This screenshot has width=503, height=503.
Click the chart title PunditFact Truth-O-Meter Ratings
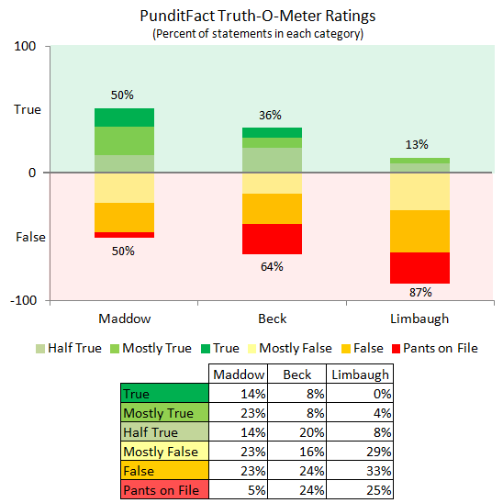click(251, 16)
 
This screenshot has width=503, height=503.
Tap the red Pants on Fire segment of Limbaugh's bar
click(419, 268)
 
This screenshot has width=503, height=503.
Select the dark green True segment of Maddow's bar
click(124, 117)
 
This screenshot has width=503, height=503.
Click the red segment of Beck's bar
click(272, 239)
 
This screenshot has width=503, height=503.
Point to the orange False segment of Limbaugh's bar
click(419, 231)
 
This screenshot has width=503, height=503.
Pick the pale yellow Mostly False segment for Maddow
click(124, 187)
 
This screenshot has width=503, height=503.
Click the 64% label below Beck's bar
click(272, 267)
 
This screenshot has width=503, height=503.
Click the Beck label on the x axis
click(272, 319)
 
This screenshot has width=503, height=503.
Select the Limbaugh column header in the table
click(359, 374)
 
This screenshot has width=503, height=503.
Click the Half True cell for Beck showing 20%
click(298, 432)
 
